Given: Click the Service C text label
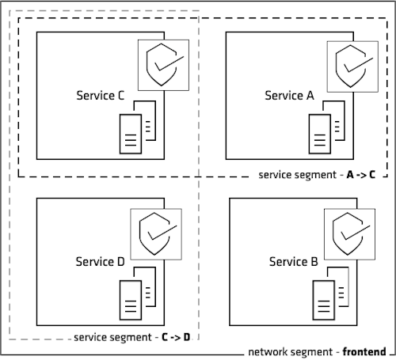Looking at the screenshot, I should [x=100, y=96].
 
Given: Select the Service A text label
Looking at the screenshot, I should [x=289, y=96].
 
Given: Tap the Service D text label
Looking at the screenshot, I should [x=100, y=262].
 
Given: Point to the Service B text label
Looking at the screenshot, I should [x=294, y=262].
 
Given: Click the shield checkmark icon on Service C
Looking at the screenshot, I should [x=164, y=64].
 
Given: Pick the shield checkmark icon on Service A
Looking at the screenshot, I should [x=352, y=64].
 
